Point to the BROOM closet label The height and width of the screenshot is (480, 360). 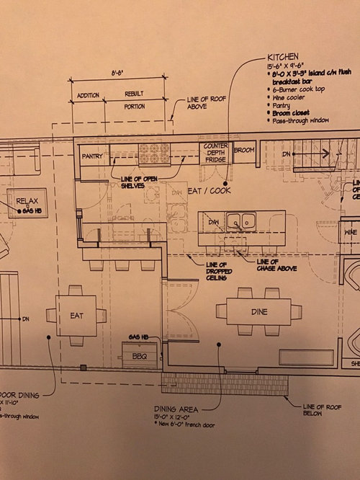(x=245, y=151)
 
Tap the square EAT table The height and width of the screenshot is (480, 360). (x=77, y=315)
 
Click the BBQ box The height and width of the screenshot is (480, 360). (x=140, y=355)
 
